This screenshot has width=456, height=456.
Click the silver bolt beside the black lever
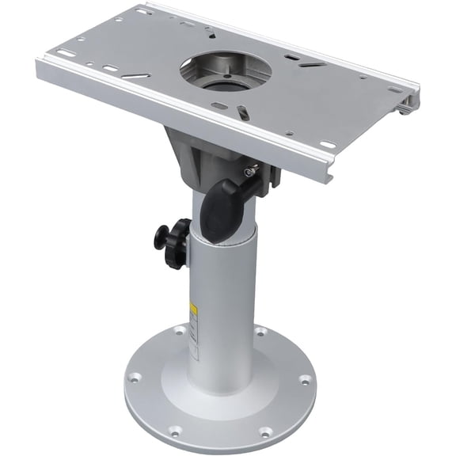pos(250,172)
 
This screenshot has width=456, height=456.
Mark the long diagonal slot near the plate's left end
pos(136,76)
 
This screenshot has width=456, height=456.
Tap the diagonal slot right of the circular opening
pos(294,58)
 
